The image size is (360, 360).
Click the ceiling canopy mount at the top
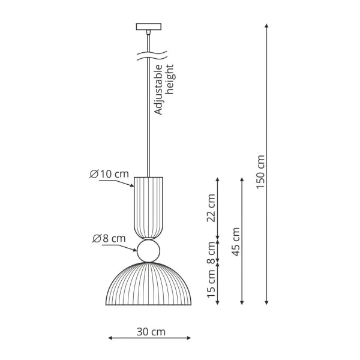coord(148,26)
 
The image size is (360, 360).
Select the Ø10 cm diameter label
coord(109,174)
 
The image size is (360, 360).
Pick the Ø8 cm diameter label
coord(109,238)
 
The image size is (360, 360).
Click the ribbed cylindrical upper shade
coord(148,207)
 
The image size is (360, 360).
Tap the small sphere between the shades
coord(148,251)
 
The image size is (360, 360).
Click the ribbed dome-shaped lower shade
coord(148,285)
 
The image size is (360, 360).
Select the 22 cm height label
coord(211,208)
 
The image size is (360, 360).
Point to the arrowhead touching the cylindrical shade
coord(133,186)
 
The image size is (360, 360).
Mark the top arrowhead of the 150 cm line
coord(266,26)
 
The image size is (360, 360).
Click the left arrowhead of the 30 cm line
coord(109,340)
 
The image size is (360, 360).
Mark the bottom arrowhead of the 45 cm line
coord(242,302)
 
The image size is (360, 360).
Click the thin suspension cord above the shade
coord(148,120)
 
